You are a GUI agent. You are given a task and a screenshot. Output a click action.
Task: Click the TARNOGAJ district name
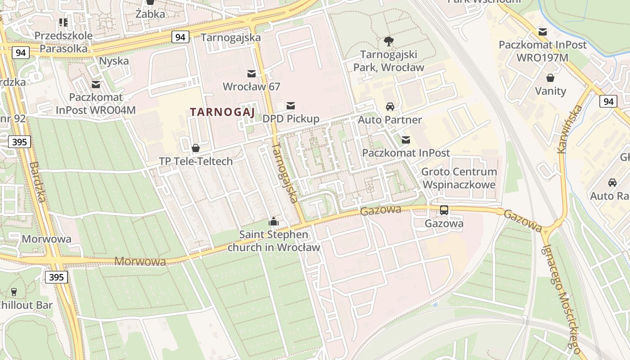(222, 112)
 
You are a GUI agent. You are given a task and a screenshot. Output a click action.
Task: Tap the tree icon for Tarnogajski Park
(388, 42)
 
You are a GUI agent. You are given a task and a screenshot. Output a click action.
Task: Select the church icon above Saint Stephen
(273, 221)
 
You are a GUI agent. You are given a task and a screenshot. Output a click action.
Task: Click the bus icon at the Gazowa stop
(444, 210)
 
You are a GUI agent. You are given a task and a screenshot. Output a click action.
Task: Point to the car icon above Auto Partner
(390, 107)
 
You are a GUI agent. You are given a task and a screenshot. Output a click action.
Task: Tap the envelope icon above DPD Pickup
(291, 106)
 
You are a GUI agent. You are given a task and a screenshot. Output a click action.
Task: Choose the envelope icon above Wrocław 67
(251, 73)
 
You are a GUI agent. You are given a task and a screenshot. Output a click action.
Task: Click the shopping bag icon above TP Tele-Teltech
(196, 148)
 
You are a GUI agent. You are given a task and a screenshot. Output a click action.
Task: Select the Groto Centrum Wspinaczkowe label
(459, 178)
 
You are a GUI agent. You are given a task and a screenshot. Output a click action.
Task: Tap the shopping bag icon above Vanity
(550, 78)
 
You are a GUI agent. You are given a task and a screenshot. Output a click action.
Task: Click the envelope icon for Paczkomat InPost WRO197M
(543, 32)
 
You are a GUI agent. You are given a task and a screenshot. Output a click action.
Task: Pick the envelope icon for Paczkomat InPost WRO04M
(95, 84)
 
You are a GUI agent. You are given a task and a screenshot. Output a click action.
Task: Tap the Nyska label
(114, 61)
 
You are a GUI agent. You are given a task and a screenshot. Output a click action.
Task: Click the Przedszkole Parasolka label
(63, 42)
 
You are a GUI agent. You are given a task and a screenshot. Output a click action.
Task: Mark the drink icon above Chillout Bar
(14, 292)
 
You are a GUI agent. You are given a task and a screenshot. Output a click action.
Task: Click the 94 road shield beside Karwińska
(608, 101)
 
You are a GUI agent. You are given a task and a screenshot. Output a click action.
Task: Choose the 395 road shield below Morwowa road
(57, 277)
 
